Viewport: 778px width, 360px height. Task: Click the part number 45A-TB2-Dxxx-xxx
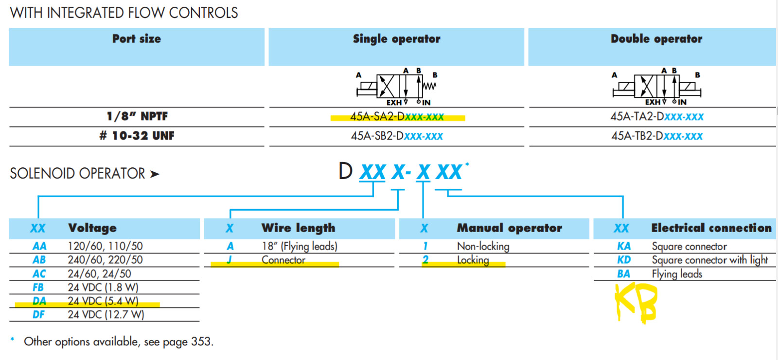(x=657, y=136)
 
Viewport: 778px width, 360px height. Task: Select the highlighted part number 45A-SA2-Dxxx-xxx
(x=397, y=117)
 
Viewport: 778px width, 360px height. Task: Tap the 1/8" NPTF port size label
(x=137, y=116)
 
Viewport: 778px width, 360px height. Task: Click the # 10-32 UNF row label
(x=137, y=136)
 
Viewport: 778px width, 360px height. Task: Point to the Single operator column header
(x=396, y=39)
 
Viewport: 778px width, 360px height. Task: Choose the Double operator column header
(x=656, y=39)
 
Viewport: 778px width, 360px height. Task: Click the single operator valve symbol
(x=397, y=87)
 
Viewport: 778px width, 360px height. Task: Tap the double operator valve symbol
(x=656, y=87)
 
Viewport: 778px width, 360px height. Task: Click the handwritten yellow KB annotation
(x=636, y=303)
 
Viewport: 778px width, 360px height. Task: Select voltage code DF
(x=38, y=315)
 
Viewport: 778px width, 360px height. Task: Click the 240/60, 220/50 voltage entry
(x=105, y=260)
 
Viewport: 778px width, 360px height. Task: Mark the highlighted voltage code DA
(x=39, y=301)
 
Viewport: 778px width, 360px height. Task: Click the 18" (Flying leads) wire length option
(x=300, y=246)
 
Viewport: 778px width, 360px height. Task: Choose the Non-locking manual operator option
(x=483, y=246)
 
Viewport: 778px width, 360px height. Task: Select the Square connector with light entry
(x=710, y=260)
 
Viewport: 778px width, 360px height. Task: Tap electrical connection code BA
(x=624, y=274)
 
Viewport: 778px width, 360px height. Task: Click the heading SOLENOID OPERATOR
(x=78, y=174)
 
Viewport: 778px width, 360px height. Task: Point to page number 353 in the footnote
(x=200, y=342)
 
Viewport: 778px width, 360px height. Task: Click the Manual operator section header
(x=509, y=228)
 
